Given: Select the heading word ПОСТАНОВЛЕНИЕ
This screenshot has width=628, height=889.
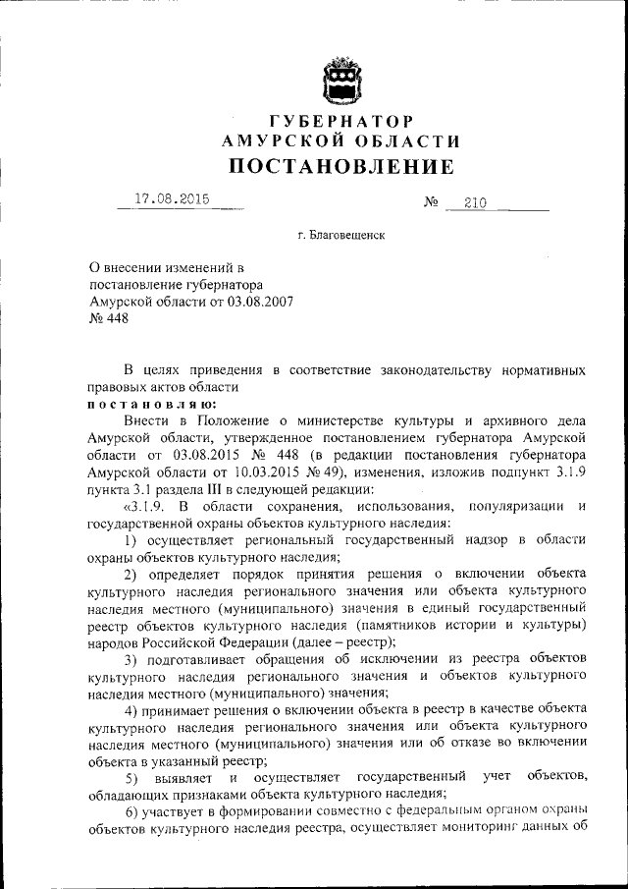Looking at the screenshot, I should coord(340,166).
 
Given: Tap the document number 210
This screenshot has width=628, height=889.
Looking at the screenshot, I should coord(475,203).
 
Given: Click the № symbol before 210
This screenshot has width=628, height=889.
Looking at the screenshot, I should coord(430,203).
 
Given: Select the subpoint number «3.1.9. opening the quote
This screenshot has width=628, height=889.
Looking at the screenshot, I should coord(145,505).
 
